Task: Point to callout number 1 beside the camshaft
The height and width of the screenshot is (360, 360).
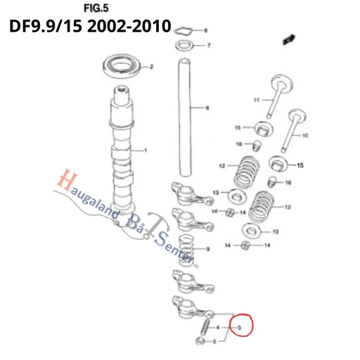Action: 146,150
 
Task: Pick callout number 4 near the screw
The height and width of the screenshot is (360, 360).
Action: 218,328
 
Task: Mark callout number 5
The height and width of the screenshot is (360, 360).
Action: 214,341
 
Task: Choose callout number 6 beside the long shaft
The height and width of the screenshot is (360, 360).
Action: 207,108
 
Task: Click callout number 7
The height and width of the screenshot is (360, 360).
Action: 208,46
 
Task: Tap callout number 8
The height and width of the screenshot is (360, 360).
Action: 205,31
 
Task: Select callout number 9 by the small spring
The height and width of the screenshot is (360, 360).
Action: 207,250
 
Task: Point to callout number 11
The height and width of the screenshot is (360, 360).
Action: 257,99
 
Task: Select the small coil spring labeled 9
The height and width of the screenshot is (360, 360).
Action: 188,250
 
